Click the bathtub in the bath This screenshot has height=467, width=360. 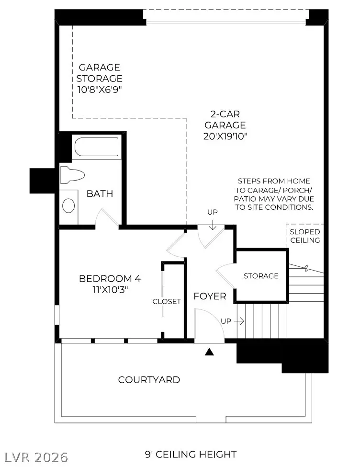click(x=97, y=147)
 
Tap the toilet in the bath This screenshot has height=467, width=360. click(x=72, y=175)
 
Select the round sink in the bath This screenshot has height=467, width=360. click(x=68, y=205)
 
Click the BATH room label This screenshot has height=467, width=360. click(x=100, y=194)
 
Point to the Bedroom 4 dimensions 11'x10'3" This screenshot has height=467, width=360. click(x=110, y=289)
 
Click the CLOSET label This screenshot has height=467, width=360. click(x=167, y=301)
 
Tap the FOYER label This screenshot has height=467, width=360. click(x=210, y=296)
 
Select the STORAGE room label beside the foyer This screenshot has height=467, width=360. click(x=261, y=276)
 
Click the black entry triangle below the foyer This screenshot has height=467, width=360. click(x=209, y=352)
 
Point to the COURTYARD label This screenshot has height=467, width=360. click(x=149, y=380)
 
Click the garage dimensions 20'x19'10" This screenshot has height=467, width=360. click(x=225, y=136)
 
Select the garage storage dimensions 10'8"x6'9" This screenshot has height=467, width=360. click(x=100, y=90)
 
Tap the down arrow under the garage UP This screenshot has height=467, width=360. click(x=212, y=225)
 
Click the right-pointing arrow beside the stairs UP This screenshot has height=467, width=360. click(x=239, y=321)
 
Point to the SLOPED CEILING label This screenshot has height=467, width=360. click(x=305, y=236)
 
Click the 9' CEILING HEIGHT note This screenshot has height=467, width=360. click(x=191, y=455)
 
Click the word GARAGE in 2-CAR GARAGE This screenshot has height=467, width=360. click(x=225, y=125)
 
